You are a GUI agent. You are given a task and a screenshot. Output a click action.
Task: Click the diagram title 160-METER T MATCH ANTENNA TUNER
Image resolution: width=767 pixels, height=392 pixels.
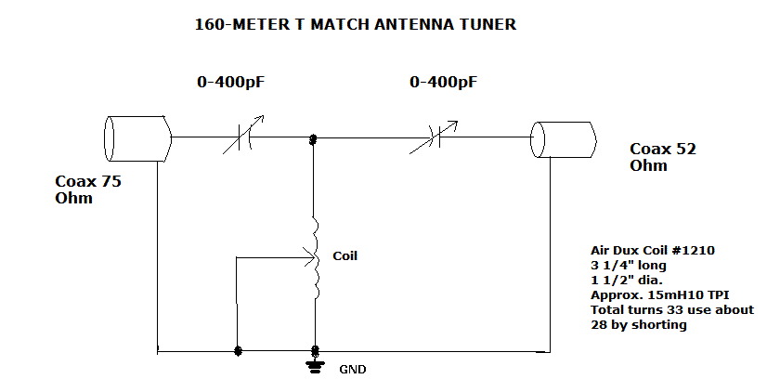coord(355,25)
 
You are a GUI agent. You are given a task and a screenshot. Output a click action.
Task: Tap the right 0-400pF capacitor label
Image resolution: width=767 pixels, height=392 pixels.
coord(444,83)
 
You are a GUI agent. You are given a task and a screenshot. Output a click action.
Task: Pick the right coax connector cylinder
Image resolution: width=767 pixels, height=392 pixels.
coord(563,138)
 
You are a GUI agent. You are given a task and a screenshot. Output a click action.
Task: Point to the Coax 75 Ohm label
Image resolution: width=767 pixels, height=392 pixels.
coord(88,189)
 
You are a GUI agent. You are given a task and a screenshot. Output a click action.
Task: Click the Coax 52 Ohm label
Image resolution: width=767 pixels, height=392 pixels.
coord(663,157)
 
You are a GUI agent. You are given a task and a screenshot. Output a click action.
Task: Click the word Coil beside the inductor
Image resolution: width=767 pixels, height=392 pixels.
coord(344,256)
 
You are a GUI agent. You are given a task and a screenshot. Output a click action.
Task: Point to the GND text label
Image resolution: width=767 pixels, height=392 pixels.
coord(352,369)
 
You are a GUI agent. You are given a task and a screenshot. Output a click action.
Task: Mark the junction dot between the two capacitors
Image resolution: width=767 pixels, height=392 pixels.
coord(314,138)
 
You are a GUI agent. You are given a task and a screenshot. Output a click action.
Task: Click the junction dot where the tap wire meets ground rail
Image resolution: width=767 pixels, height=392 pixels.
coord(239,352)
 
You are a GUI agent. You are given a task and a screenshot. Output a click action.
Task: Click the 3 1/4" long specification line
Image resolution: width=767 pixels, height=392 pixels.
coord(628,265)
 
